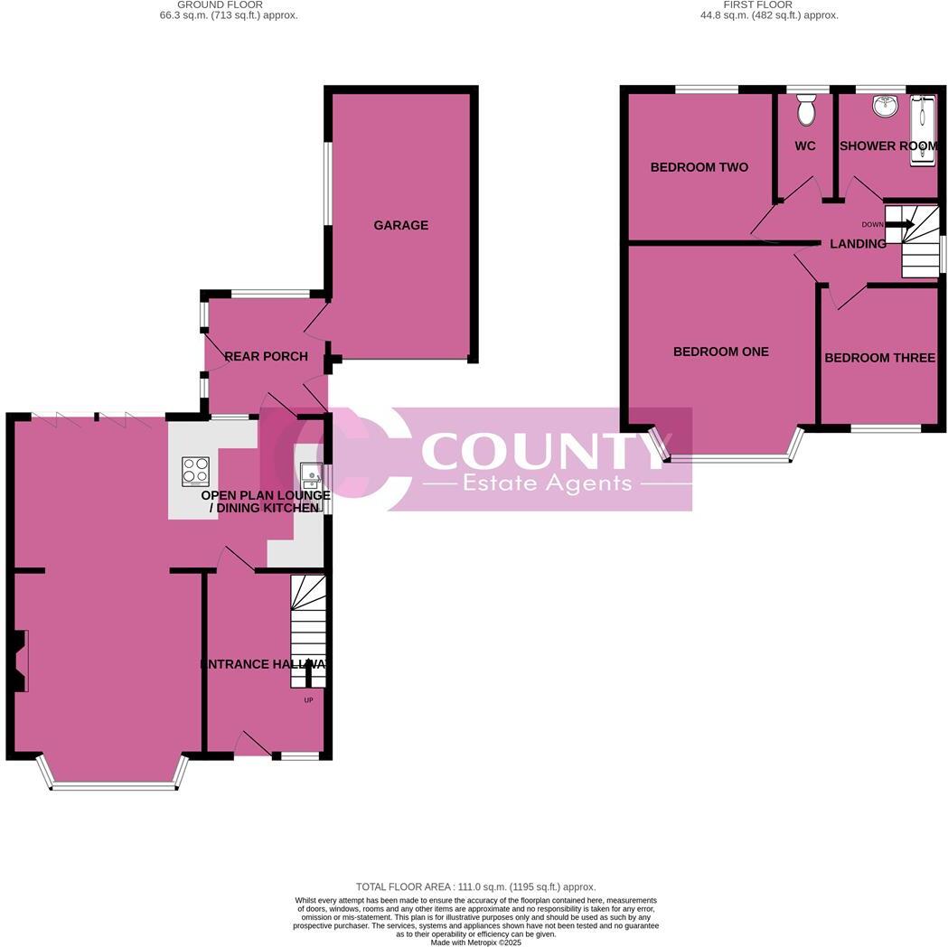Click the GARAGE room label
(x=401, y=225)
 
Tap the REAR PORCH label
(x=266, y=356)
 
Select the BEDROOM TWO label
(x=699, y=167)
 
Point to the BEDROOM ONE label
(x=721, y=352)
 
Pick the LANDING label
(x=858, y=244)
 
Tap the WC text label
(x=804, y=145)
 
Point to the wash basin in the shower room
(x=884, y=108)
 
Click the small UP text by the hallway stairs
(x=308, y=699)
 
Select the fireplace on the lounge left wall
(x=20, y=661)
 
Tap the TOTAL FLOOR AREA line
(x=475, y=887)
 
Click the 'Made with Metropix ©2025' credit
(x=475, y=942)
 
